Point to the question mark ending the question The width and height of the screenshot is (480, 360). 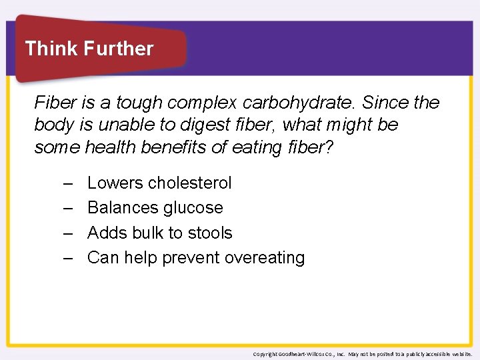327,147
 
